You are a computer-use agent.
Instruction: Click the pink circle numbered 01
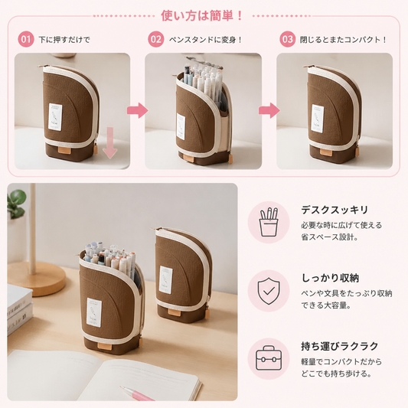tap(26, 39)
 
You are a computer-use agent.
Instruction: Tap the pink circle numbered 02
tap(156, 39)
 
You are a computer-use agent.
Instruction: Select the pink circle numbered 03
tap(288, 39)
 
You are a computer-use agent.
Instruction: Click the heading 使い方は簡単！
tap(202, 15)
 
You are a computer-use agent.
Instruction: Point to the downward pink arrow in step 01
tap(109, 142)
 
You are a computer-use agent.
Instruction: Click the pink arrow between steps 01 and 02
tap(137, 110)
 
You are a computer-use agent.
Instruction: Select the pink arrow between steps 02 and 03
tap(269, 110)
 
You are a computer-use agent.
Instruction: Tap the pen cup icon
tap(269, 222)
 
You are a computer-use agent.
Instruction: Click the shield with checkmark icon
tap(269, 291)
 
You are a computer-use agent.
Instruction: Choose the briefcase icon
tap(269, 358)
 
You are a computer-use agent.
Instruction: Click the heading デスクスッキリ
tap(335, 210)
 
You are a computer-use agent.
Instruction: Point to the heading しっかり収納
tap(330, 278)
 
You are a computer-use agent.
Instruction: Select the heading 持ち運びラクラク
tap(340, 346)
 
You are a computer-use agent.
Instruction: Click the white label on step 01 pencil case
tap(55, 117)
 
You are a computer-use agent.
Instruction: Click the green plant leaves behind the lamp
tap(17, 204)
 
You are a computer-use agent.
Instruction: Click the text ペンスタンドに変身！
tap(206, 40)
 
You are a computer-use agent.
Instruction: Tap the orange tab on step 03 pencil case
tap(326, 152)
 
